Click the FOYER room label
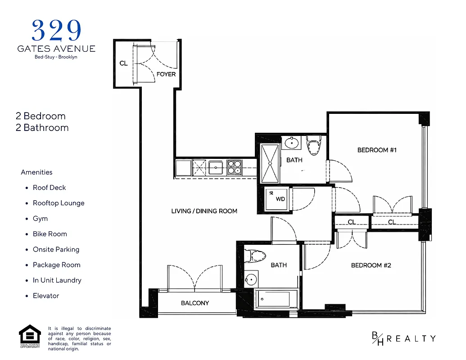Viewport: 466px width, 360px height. (x=166, y=74)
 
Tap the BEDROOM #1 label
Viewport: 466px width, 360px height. (x=376, y=150)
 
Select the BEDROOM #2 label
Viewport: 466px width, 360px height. (x=371, y=265)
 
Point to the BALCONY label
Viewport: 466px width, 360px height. (x=195, y=303)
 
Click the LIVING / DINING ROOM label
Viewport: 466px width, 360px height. (x=204, y=211)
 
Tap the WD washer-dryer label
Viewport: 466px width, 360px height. (x=280, y=198)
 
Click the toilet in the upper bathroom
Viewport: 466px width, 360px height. (x=313, y=145)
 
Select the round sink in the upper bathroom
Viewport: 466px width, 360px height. (x=292, y=144)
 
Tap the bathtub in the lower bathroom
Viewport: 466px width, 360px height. (x=272, y=298)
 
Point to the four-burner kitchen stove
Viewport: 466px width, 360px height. (x=234, y=167)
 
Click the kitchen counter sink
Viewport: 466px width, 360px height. (x=216, y=167)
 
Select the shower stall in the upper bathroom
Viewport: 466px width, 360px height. (x=270, y=163)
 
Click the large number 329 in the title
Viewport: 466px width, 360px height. (x=56, y=31)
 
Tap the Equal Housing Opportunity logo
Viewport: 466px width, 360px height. (x=29, y=336)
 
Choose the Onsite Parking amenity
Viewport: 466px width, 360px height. (x=56, y=249)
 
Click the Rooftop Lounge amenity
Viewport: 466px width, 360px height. (x=59, y=203)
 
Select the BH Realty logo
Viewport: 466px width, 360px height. (x=403, y=338)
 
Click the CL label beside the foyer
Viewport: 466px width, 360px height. (x=123, y=63)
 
